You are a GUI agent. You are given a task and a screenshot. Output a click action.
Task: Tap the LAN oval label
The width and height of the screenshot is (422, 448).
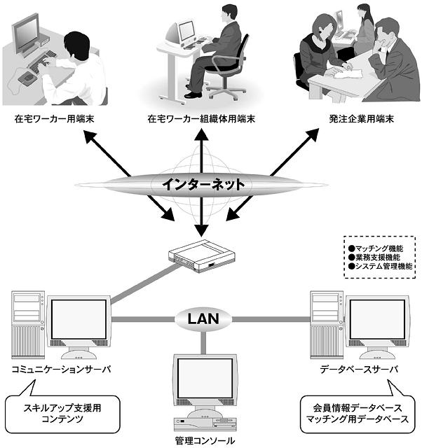pos(204,319)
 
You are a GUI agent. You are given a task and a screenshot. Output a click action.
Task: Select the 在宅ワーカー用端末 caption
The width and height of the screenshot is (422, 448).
pos(55,119)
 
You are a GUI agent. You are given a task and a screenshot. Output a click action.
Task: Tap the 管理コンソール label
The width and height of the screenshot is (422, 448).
pos(205,441)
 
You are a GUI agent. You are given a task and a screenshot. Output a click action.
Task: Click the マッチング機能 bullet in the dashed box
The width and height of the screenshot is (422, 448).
pos(379,248)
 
